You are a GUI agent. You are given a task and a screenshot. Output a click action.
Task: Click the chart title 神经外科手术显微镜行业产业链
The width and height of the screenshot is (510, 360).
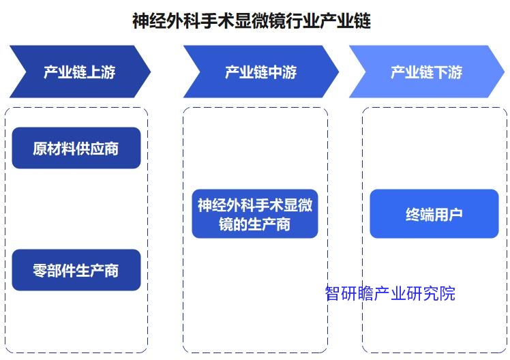coord(252,21)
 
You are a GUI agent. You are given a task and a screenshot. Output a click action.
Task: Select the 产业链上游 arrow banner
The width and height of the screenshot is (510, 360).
coord(80,72)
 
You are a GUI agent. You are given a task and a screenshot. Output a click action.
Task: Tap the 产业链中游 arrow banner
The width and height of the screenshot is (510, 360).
coord(261,72)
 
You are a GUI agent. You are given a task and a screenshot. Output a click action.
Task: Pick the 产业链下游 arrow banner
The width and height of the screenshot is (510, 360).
coord(426,72)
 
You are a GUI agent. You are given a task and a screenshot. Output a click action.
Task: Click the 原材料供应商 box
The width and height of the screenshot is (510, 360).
coord(76,148)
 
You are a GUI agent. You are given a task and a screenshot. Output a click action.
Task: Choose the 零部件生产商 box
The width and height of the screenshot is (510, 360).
coord(76,270)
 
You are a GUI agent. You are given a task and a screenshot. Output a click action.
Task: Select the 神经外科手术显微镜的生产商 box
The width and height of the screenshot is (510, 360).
coord(255,213)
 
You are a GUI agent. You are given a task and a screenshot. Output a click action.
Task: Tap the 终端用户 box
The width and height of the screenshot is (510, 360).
coord(434,213)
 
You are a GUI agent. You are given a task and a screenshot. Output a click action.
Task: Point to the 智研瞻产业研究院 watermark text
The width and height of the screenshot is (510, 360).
coord(390,293)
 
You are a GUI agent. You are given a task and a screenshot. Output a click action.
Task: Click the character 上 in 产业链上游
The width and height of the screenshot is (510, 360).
coord(93,72)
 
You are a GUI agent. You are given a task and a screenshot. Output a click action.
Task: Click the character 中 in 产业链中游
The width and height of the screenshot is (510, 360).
coord(275,72)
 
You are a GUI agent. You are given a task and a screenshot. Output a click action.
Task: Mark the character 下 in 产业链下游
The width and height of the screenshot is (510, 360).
coord(440,72)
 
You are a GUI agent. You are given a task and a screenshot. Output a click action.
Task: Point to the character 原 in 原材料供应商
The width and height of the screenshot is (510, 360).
coord(40,149)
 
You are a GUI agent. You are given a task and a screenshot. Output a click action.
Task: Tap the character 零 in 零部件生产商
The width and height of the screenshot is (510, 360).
coord(40,271)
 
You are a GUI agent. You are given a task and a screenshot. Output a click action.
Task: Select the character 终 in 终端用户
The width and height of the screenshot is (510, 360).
coord(412,215)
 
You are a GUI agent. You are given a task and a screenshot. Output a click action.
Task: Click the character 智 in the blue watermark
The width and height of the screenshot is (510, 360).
coord(333,293)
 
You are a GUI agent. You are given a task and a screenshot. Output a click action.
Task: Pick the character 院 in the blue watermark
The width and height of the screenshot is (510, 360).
coord(447,293)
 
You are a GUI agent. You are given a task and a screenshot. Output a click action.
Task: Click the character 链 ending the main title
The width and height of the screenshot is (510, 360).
coord(362,21)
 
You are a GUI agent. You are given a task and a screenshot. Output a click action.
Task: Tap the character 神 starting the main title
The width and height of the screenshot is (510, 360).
coord(140,21)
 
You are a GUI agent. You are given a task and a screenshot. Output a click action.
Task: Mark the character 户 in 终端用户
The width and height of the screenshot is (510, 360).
coord(455,215)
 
